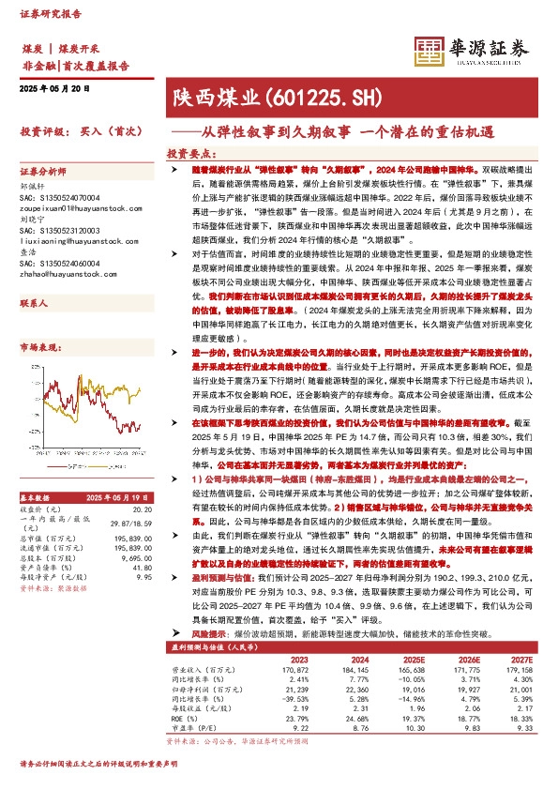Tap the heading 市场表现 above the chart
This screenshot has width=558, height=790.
coord(38,347)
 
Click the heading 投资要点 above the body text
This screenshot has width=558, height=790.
coord(188,152)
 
